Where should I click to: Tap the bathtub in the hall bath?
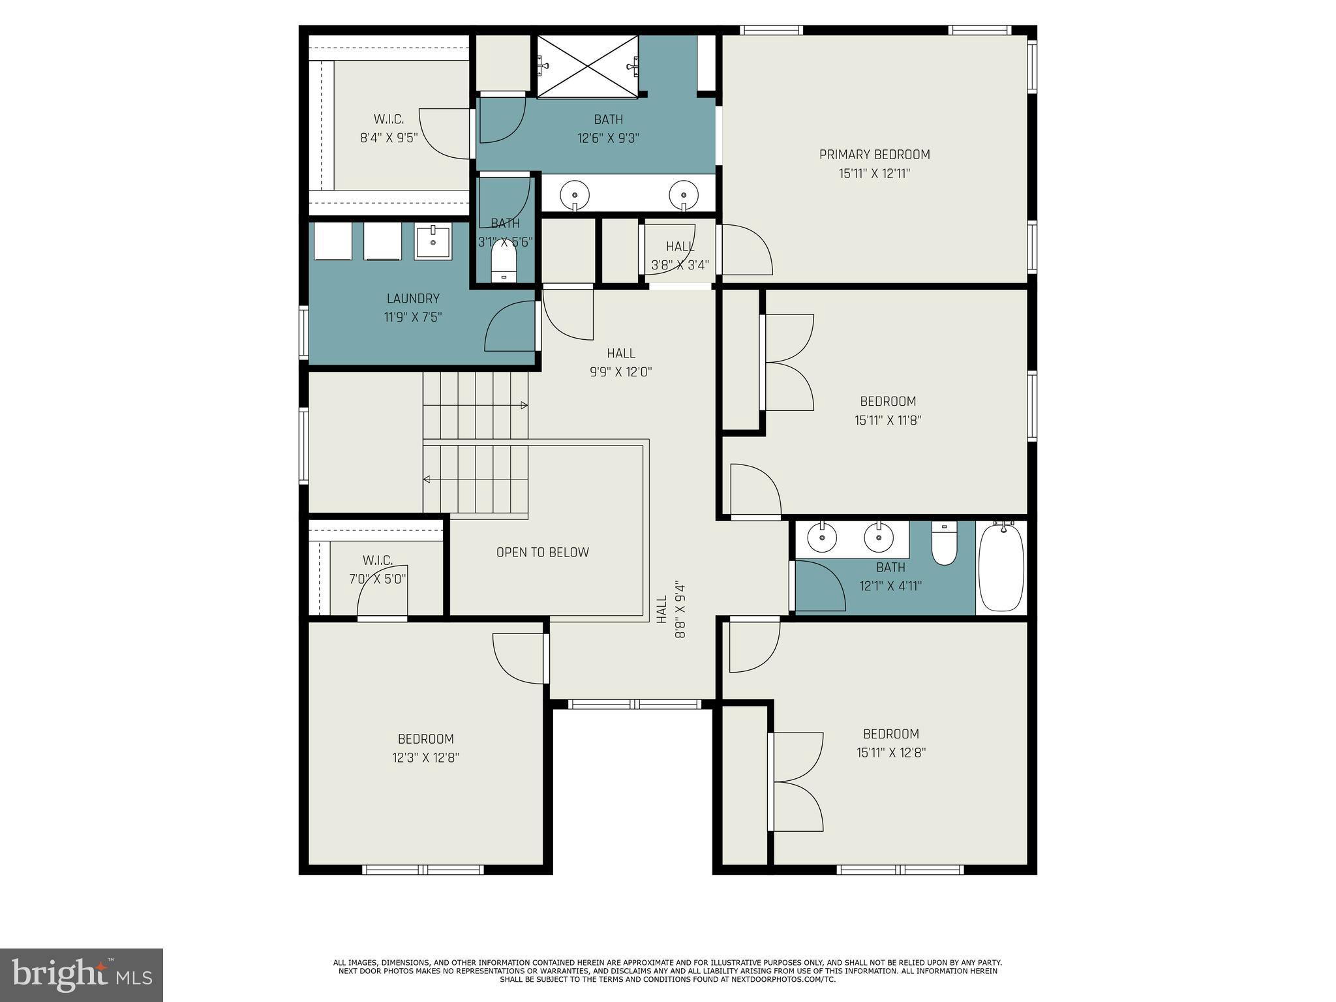tap(1001, 568)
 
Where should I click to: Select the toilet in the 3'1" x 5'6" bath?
tap(503, 260)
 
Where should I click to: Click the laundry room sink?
tap(433, 241)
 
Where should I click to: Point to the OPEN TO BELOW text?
tap(542, 553)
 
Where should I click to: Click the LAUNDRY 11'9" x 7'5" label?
tap(413, 308)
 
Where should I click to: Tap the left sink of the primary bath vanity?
tap(575, 195)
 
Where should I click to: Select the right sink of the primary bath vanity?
tap(683, 195)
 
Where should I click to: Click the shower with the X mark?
tap(587, 65)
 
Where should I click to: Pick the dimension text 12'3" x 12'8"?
tap(426, 758)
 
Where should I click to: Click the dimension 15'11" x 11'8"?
tap(887, 421)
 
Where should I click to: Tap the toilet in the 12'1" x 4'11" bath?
tap(944, 544)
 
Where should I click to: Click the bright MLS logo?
tap(82, 975)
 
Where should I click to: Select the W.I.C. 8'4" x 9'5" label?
tap(389, 129)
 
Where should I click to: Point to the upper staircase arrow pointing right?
tap(524, 405)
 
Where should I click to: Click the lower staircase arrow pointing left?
tap(427, 479)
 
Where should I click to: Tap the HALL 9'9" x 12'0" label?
tap(620, 363)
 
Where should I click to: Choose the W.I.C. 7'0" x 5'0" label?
tap(377, 569)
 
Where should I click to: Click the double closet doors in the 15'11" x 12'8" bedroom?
tap(796, 782)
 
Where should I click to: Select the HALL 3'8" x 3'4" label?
tap(680, 256)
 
